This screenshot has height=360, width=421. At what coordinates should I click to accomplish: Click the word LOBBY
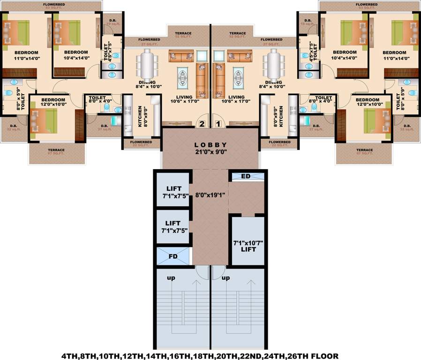210,145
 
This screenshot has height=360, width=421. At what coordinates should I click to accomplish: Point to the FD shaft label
173,256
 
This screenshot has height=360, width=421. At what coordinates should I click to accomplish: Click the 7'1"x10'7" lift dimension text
248,243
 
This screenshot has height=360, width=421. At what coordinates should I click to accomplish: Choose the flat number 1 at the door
218,124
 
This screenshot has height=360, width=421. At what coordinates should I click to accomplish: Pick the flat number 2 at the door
202,124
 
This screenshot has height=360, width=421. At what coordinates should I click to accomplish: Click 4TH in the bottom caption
70,356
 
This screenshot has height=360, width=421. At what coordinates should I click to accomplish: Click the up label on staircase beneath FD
171,278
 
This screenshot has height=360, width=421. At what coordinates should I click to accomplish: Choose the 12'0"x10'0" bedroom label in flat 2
53,102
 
